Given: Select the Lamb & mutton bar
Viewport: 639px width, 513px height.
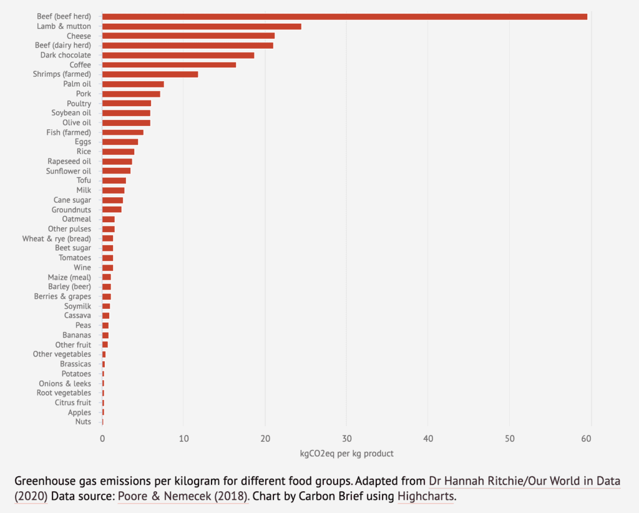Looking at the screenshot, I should tap(202, 26).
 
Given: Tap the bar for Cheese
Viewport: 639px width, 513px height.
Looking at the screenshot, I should tap(188, 36).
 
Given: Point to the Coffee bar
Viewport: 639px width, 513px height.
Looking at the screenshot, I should tap(168, 65).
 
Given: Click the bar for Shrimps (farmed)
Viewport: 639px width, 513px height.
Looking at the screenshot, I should tap(150, 74).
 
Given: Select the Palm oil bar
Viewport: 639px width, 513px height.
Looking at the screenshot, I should tap(133, 84).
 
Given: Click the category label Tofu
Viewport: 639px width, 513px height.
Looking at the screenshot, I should tap(84, 180).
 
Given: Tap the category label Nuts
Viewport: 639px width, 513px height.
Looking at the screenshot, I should tap(83, 422).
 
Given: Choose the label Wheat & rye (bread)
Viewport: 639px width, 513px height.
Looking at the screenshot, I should tap(56, 238).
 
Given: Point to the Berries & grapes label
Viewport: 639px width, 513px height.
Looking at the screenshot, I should tap(62, 296).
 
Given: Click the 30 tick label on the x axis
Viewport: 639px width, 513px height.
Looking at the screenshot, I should tap(346, 439).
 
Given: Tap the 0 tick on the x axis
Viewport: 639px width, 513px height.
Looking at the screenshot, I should tap(102, 439).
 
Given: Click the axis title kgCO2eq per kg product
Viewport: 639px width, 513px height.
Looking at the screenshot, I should tap(346, 453).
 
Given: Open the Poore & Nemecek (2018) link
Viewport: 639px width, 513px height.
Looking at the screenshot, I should tap(183, 497).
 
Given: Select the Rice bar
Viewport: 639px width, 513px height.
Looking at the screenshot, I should tap(118, 152).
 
